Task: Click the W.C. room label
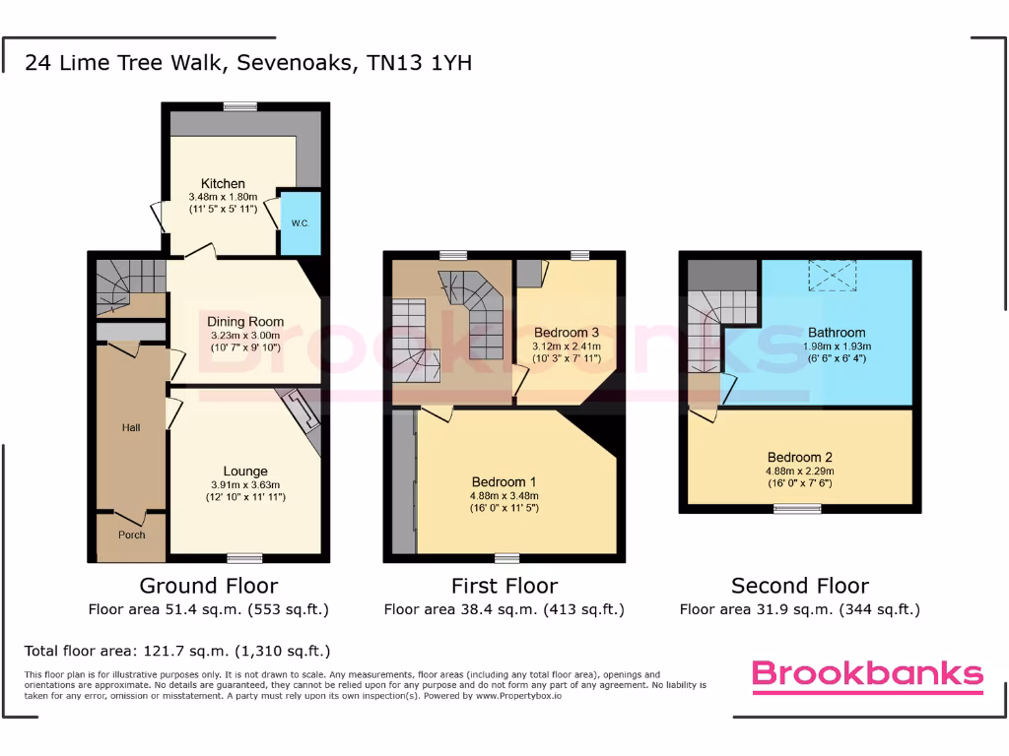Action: [x=301, y=223]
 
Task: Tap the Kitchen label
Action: [x=223, y=184]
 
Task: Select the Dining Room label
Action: [x=245, y=322]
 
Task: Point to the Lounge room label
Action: [x=245, y=472]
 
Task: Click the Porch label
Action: [x=131, y=535]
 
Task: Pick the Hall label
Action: [x=131, y=427]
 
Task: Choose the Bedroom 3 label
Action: [x=567, y=333]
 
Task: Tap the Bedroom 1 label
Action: [x=504, y=482]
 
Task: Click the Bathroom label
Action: [x=837, y=333]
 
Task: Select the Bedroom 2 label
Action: [x=800, y=458]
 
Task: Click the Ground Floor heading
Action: [x=208, y=586]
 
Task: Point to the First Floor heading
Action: [x=504, y=586]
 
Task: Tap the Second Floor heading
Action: [x=800, y=586]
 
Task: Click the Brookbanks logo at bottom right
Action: [x=867, y=673]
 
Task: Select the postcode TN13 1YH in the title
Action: [x=419, y=64]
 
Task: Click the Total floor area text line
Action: [x=177, y=651]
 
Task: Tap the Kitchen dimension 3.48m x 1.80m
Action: [x=223, y=197]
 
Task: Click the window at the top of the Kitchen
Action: [x=239, y=106]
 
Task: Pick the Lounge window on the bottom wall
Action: [x=245, y=558]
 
